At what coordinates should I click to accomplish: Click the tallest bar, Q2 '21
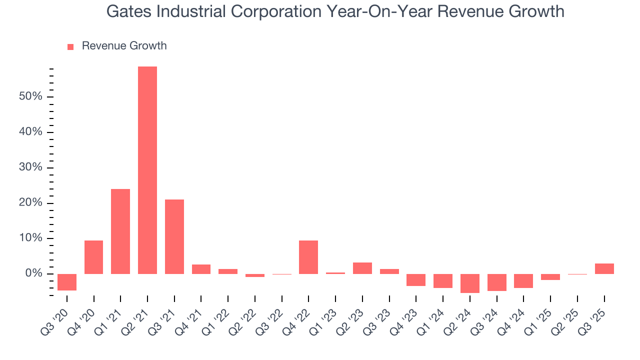(x=147, y=170)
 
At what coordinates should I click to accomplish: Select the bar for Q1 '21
(x=120, y=231)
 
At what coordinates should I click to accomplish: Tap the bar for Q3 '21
(x=174, y=236)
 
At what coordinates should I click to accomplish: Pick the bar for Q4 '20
(x=93, y=257)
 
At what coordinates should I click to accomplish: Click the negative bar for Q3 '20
(x=67, y=282)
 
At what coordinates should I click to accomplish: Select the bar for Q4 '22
(x=308, y=257)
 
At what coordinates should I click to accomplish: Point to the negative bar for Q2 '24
(x=470, y=283)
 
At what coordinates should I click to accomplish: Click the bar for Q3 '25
(x=604, y=268)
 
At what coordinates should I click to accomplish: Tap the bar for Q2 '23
(x=362, y=268)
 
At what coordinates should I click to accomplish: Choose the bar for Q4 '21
(x=201, y=269)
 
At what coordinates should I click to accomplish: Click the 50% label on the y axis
(x=30, y=96)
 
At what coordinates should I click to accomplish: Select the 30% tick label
(x=30, y=167)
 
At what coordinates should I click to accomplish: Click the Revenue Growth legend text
(x=124, y=46)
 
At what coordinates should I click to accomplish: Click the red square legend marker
(x=70, y=46)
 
